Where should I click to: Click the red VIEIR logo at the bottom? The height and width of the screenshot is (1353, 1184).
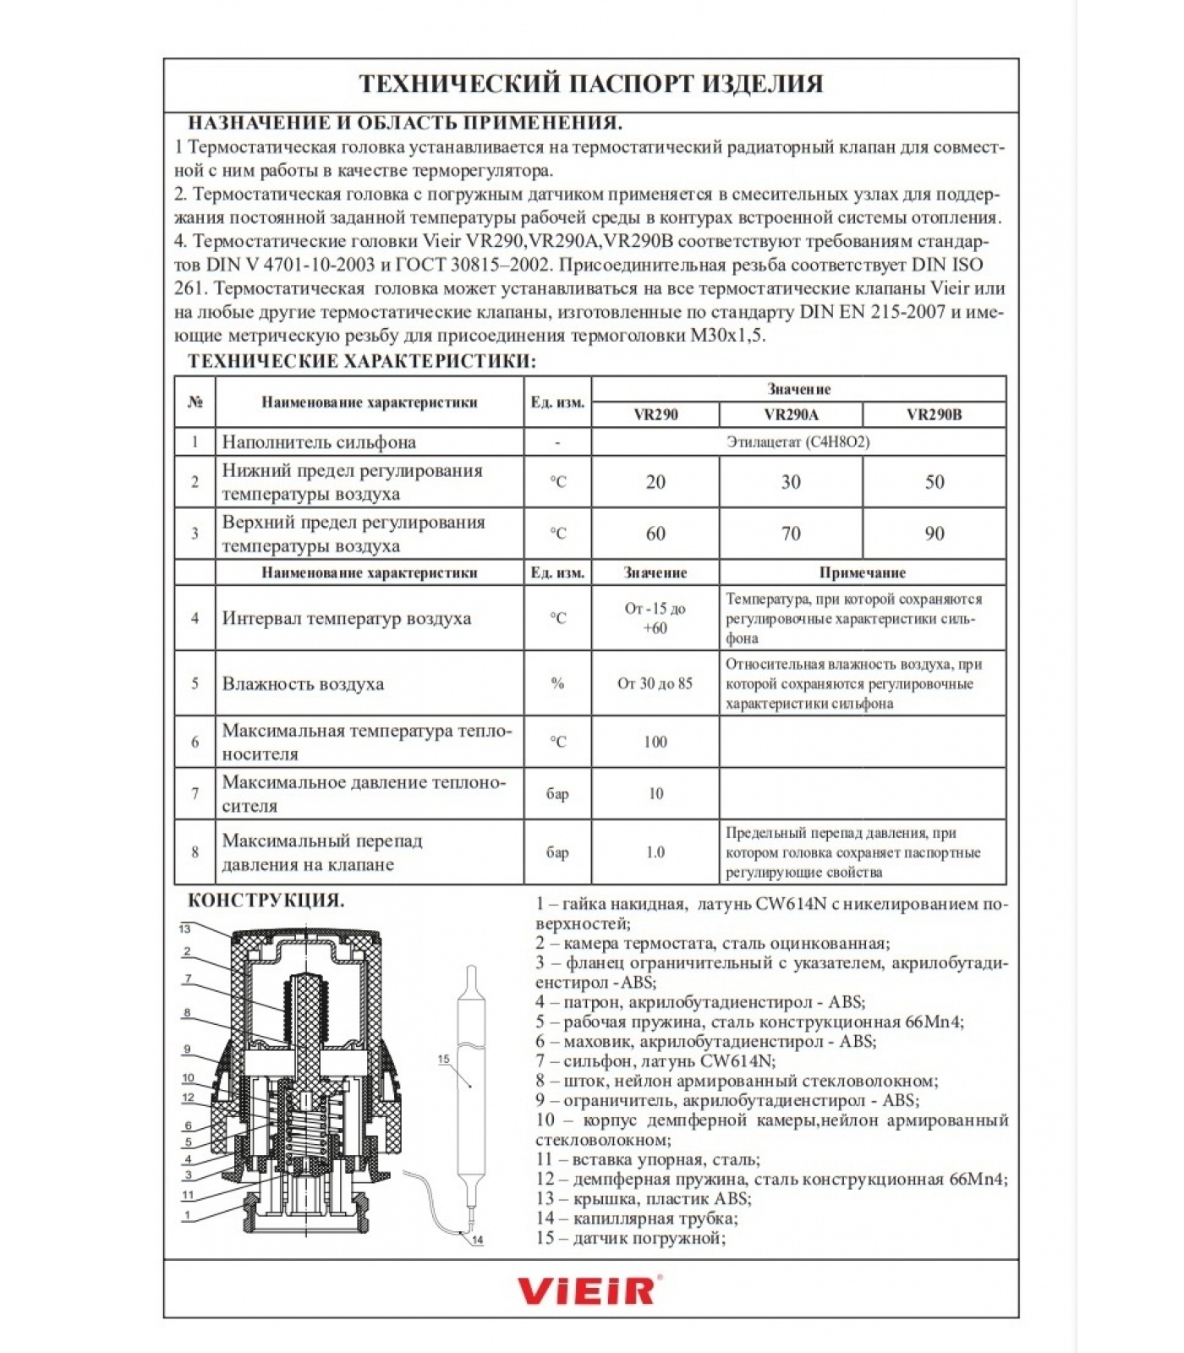(589, 1290)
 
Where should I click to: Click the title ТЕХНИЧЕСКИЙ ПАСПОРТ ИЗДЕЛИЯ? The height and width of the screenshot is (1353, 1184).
(590, 84)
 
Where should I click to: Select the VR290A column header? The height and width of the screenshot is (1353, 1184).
(791, 414)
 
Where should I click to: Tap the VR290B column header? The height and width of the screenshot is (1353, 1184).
(934, 414)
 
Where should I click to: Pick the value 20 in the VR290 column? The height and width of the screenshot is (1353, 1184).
(655, 482)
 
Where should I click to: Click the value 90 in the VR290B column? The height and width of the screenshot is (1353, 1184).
(934, 534)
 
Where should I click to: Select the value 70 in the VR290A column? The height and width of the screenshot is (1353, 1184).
(791, 534)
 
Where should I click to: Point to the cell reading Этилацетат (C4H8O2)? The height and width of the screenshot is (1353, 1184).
(798, 441)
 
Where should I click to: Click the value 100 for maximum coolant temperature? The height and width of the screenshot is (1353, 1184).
(655, 742)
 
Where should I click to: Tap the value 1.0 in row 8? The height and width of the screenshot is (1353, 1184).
(655, 852)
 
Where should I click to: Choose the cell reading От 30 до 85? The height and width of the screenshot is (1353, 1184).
(655, 683)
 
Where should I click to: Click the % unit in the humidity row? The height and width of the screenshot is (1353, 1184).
(557, 683)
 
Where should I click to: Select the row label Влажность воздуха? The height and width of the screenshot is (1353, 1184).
(303, 683)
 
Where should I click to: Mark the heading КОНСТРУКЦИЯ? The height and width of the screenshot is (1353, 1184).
(266, 900)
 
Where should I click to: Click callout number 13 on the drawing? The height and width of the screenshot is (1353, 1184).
(184, 928)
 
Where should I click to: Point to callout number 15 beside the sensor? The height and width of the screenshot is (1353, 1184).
(443, 1059)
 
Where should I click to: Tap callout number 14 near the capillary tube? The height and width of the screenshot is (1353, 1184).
(478, 1240)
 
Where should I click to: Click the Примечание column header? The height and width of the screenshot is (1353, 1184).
(862, 572)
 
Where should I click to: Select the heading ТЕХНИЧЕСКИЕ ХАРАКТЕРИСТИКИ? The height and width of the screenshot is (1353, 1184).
(361, 361)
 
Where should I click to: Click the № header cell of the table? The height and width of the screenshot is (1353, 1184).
(195, 402)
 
